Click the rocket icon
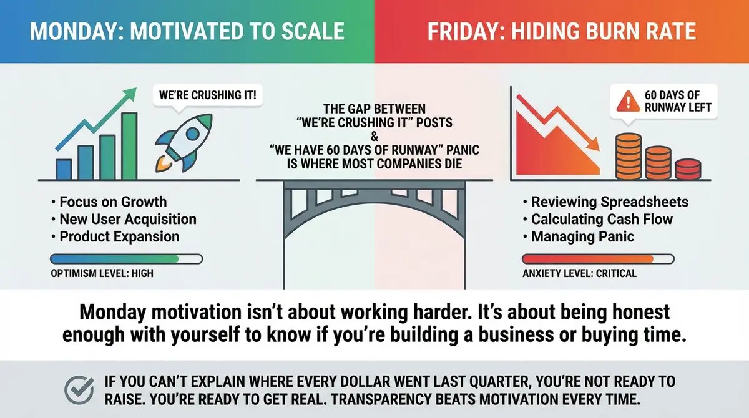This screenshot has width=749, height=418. coord(184,143)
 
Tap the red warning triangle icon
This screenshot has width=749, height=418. coord(628,101)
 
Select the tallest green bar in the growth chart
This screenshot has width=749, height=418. coord(129,146)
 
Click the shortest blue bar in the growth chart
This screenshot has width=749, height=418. coord(64,170)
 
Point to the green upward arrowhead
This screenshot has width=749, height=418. coord(130,94)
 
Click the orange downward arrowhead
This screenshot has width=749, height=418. coord(593,145)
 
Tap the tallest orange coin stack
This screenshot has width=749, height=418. coord(629,156)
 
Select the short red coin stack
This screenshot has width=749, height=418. coord(688,170)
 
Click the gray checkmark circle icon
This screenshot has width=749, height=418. coord(79,390)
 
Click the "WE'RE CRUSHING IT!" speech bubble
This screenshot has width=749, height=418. coord(208,95)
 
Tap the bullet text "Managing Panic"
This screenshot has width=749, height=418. coord(582,236)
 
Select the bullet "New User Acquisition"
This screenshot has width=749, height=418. coord(128,219)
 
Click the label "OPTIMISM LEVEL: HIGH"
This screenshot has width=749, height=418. coord(102,273)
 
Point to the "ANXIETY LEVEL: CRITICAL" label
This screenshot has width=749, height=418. coord(579,273)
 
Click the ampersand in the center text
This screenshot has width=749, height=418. coord(374,137)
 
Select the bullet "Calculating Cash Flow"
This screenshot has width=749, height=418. coord(602,219)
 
